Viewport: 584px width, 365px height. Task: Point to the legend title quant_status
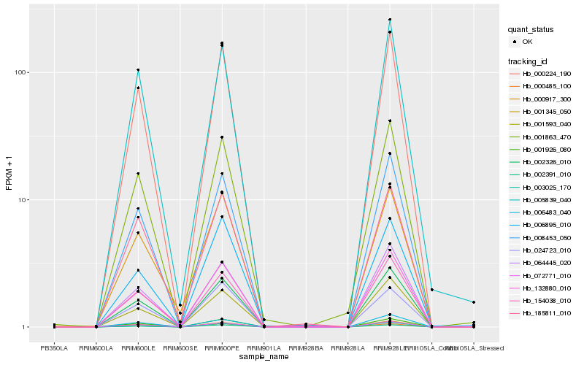pyautogui.click(x=531, y=30)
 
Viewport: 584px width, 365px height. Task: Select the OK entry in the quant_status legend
pyautogui.click(x=527, y=42)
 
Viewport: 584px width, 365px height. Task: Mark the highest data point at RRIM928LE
pyautogui.click(x=390, y=20)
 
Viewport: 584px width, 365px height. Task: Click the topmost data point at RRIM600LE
pyautogui.click(x=138, y=70)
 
